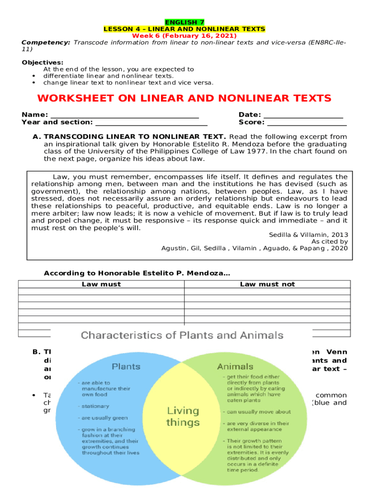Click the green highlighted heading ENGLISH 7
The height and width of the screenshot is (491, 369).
[184, 23]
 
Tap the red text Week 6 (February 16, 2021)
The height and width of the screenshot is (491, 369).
[184, 36]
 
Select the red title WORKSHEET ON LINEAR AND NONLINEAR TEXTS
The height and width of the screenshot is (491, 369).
[184, 99]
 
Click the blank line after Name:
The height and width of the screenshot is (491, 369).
[125, 115]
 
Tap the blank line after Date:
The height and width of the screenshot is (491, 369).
[303, 115]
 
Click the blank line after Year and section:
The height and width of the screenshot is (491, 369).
[151, 122]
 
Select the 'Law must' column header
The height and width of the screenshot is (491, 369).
[101, 284]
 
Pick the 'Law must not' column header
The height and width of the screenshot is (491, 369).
[267, 284]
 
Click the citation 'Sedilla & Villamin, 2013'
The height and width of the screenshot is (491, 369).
[308, 234]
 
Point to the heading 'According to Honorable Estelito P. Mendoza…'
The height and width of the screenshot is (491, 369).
[137, 273]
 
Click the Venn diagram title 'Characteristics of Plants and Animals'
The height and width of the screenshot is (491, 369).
[182, 335]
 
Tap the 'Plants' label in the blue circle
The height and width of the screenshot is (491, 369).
[126, 367]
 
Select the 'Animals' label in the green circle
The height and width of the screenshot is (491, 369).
[235, 367]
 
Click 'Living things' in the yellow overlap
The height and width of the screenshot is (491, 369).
[183, 417]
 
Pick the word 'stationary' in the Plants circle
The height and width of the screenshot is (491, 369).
[95, 406]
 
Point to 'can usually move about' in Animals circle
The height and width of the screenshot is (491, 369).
[259, 412]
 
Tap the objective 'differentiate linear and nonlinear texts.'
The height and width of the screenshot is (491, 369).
[108, 76]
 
